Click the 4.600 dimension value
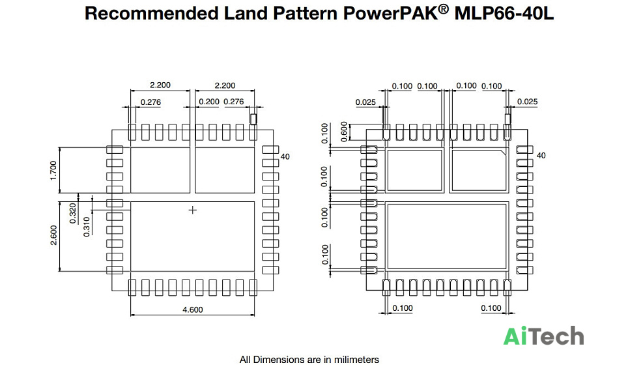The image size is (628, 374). [193, 309]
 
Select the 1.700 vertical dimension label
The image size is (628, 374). [53, 171]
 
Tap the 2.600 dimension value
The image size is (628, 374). [53, 235]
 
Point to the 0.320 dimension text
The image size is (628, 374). [72, 214]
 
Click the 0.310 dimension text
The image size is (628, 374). [87, 227]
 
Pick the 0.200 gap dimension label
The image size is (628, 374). [209, 102]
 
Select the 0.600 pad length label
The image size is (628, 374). [344, 132]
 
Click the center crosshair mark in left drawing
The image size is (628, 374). [193, 210]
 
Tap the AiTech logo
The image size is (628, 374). [543, 336]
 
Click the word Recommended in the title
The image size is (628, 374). [151, 13]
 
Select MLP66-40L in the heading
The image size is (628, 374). [504, 13]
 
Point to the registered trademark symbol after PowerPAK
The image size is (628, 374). [444, 10]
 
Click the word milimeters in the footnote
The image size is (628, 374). [356, 360]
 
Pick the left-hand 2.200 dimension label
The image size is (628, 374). [160, 85]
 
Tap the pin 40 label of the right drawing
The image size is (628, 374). [541, 155]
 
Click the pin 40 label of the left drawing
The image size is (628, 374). [285, 156]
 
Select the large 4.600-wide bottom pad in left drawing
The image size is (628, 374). [193, 237]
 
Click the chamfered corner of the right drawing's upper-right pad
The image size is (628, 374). [503, 152]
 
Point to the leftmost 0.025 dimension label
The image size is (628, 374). [365, 102]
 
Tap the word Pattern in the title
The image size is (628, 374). [304, 13]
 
